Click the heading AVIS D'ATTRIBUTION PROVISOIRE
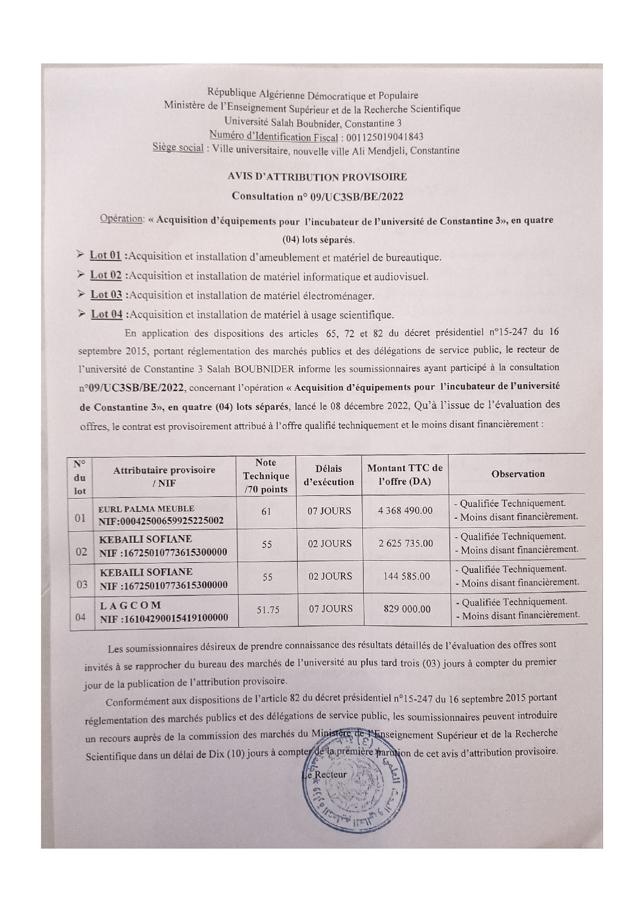click(317, 177)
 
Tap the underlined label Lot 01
click(105, 255)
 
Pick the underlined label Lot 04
click(107, 314)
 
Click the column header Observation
click(518, 474)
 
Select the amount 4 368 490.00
click(405, 510)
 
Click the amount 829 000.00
click(407, 609)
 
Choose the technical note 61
click(266, 511)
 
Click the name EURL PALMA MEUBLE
click(147, 508)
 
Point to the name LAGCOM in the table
click(130, 605)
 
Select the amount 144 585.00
click(406, 576)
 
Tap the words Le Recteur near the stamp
click(326, 774)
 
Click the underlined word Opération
click(122, 219)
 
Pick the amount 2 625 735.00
click(406, 543)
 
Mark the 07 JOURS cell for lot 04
click(330, 609)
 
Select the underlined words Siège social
click(178, 148)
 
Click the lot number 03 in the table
click(82, 585)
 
